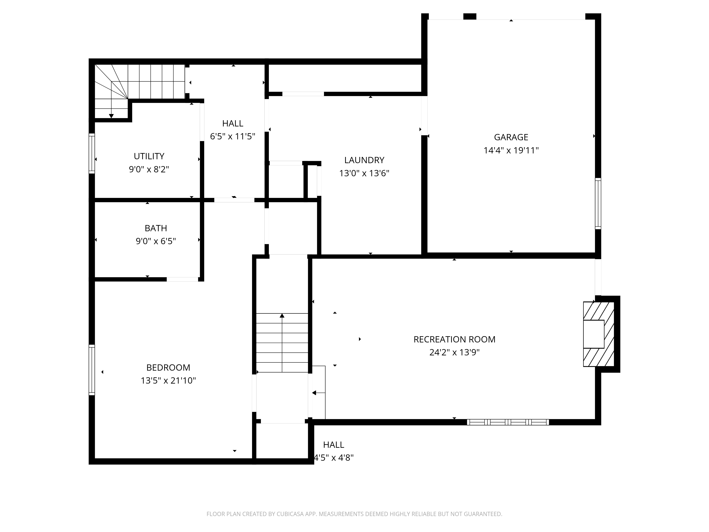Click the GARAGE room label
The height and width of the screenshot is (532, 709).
click(511, 137)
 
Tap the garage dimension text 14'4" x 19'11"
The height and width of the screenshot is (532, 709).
click(511, 150)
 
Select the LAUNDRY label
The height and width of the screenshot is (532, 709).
click(364, 160)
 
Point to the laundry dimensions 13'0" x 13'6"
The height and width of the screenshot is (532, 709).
click(364, 173)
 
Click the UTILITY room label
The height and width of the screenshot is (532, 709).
click(149, 156)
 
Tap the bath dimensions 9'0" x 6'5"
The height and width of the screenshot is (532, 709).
click(156, 241)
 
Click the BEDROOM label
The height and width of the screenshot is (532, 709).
click(168, 367)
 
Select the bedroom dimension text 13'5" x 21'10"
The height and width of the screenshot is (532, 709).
click(168, 381)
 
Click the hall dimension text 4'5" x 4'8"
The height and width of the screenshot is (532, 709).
click(334, 458)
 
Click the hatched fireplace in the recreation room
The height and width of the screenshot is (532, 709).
click(598, 334)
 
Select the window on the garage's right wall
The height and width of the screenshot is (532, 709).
click(598, 203)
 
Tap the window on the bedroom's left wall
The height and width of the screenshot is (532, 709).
click(92, 370)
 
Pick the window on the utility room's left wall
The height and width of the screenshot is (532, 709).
click(92, 153)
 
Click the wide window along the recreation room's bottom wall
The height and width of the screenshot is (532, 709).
click(508, 422)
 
